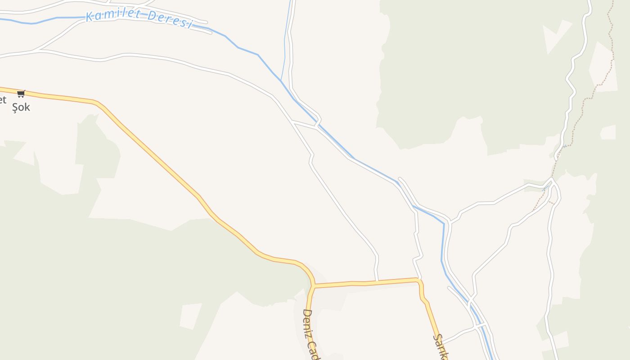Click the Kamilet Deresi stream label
coord(139,19)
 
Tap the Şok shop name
coord(21,107)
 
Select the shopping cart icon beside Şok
coord(21,94)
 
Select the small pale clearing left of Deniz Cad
coord(191,316)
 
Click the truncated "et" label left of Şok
coord(3,100)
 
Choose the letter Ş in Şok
coord(15,107)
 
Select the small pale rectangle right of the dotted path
coord(608,132)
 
